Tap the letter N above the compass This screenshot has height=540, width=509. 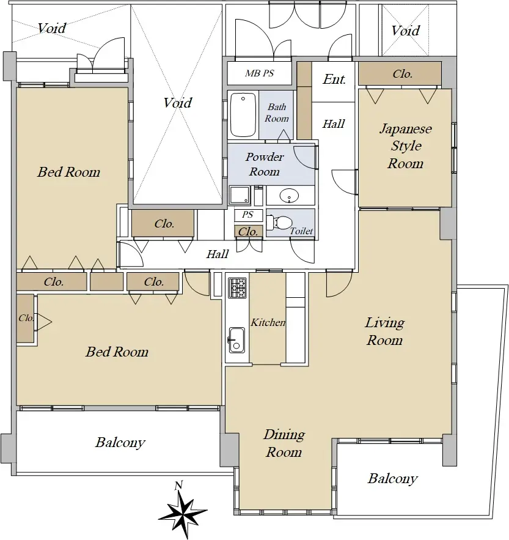(x=178, y=486)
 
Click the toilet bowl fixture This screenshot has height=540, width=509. (x=280, y=223)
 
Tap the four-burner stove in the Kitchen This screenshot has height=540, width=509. (x=236, y=287)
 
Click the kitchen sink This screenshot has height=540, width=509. (x=236, y=340)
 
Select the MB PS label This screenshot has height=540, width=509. (x=260, y=73)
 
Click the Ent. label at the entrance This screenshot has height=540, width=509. (x=334, y=80)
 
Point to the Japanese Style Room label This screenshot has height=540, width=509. (x=405, y=146)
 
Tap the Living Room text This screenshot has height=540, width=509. (x=384, y=331)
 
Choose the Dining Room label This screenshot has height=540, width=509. (x=284, y=443)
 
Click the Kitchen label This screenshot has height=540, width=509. (x=268, y=322)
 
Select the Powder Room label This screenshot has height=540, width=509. (x=265, y=165)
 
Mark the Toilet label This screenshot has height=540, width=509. (x=301, y=231)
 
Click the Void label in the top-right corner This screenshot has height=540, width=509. (x=405, y=31)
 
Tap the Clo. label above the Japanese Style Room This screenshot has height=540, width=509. (x=402, y=74)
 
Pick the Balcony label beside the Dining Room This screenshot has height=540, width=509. (x=392, y=479)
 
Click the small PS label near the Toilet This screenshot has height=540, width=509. (x=247, y=215)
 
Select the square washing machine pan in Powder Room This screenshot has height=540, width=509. (x=239, y=196)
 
